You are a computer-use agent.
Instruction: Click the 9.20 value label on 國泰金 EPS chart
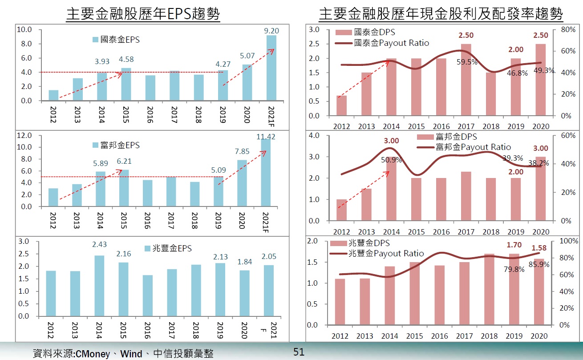[x=271, y=31]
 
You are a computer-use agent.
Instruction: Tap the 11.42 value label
[x=267, y=137]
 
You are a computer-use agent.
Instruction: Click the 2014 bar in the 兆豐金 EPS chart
[x=100, y=286]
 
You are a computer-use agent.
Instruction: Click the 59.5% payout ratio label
[x=467, y=62]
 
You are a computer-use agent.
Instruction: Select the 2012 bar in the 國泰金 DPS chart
[x=341, y=105]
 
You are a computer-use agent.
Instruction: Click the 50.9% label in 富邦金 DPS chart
[x=392, y=159]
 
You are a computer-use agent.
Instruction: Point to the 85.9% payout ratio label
[x=539, y=264]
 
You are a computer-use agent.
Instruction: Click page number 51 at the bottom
[x=299, y=352]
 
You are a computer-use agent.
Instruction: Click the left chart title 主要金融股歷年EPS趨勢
[x=143, y=14]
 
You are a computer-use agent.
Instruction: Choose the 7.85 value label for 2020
[x=243, y=151]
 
